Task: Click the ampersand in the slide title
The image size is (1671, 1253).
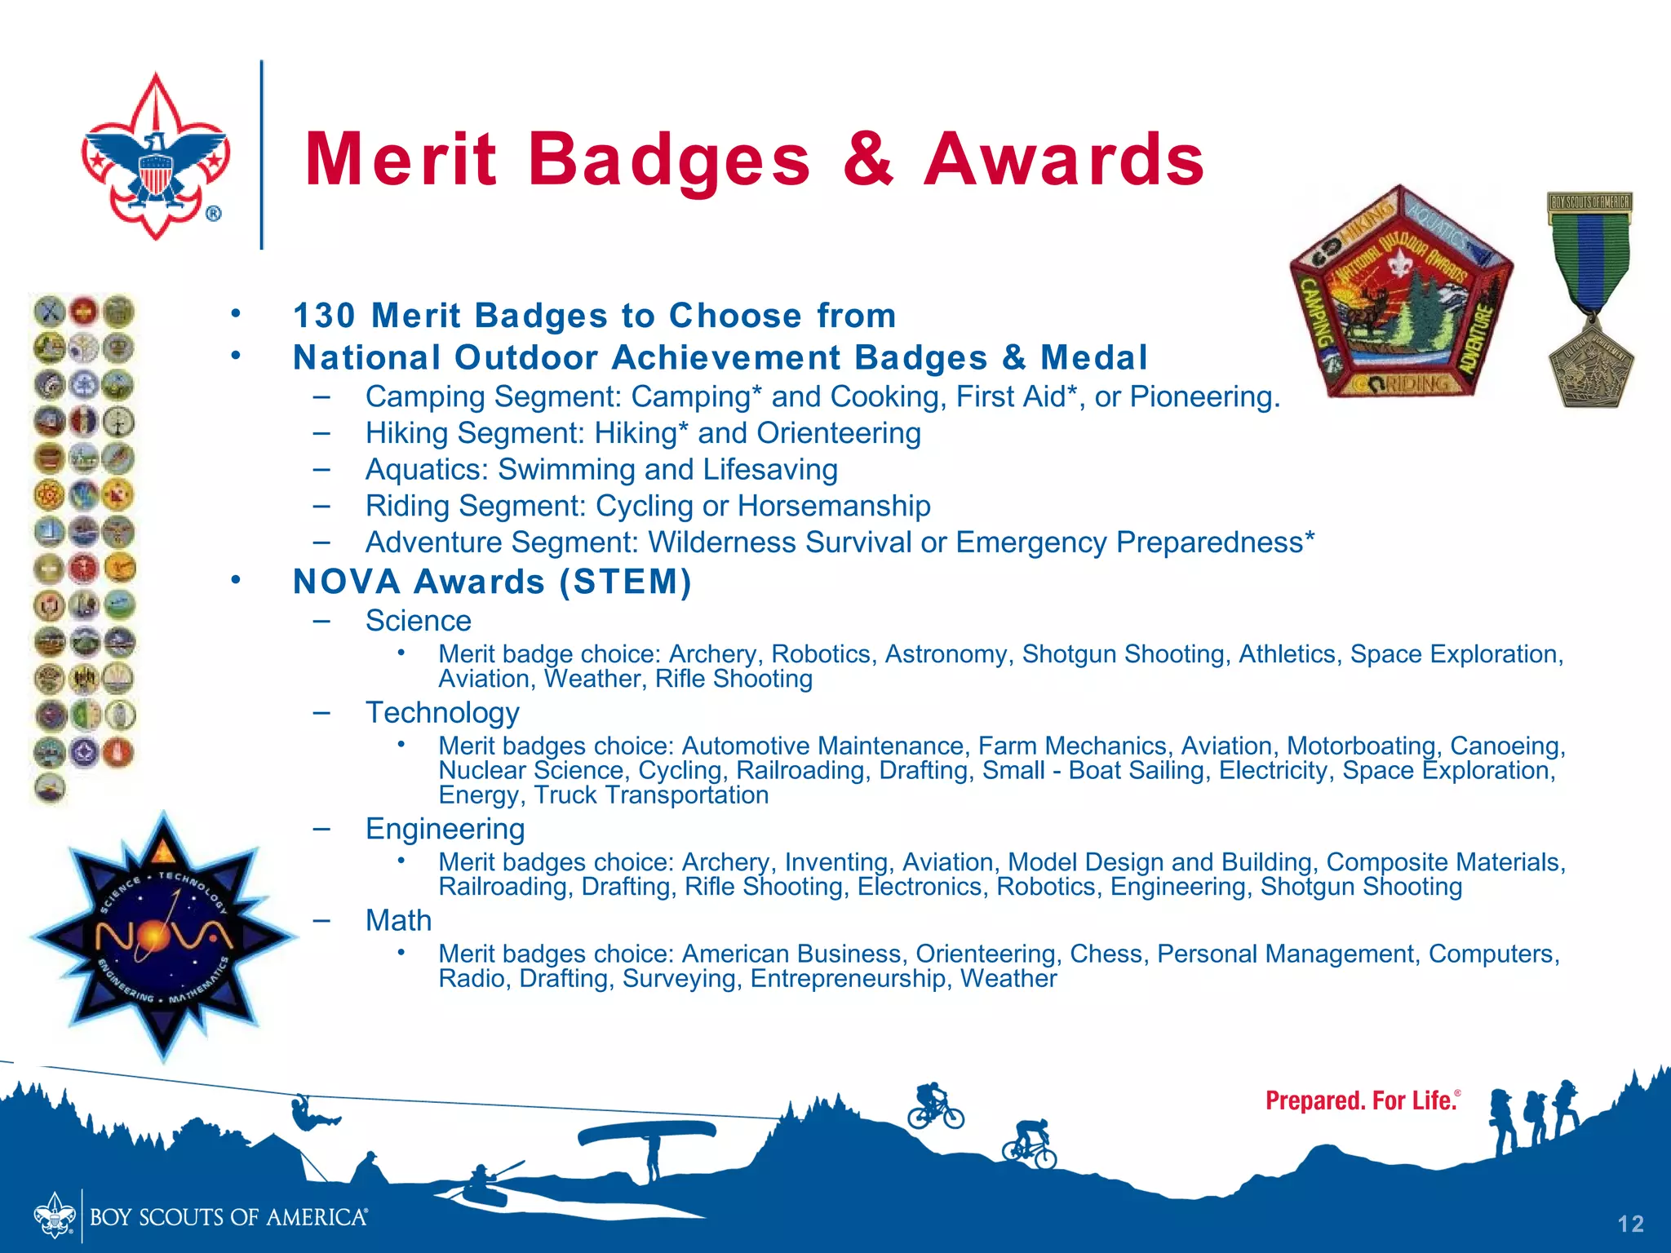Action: point(868,159)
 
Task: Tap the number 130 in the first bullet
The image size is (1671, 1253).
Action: point(324,316)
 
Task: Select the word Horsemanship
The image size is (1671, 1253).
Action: point(834,506)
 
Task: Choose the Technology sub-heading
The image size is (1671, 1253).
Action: point(442,713)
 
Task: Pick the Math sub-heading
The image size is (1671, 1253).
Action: point(398,920)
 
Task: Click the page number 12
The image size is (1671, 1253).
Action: point(1630,1224)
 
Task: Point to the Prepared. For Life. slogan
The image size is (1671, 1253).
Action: point(1361,1101)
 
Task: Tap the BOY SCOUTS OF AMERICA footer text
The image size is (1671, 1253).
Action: point(228,1217)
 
